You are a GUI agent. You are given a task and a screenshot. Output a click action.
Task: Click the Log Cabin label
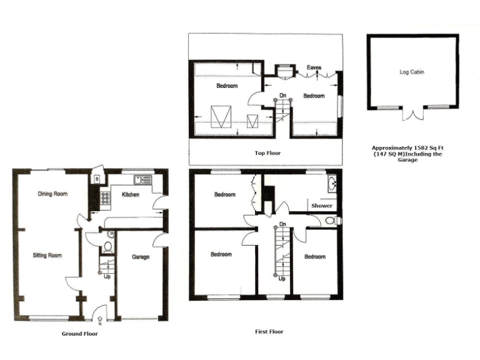point(412,72)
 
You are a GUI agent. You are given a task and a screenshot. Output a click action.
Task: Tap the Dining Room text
point(52,194)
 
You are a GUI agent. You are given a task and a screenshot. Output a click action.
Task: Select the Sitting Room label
point(47,255)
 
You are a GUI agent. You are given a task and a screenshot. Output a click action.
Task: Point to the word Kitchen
point(130,195)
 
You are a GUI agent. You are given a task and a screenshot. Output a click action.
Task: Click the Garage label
point(139,257)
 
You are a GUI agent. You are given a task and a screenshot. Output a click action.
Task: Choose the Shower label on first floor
point(321,206)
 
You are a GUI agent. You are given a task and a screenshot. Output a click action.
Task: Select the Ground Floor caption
point(79,334)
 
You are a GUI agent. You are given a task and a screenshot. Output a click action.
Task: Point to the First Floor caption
point(269,332)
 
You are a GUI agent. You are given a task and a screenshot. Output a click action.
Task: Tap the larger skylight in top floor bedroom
point(219,117)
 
